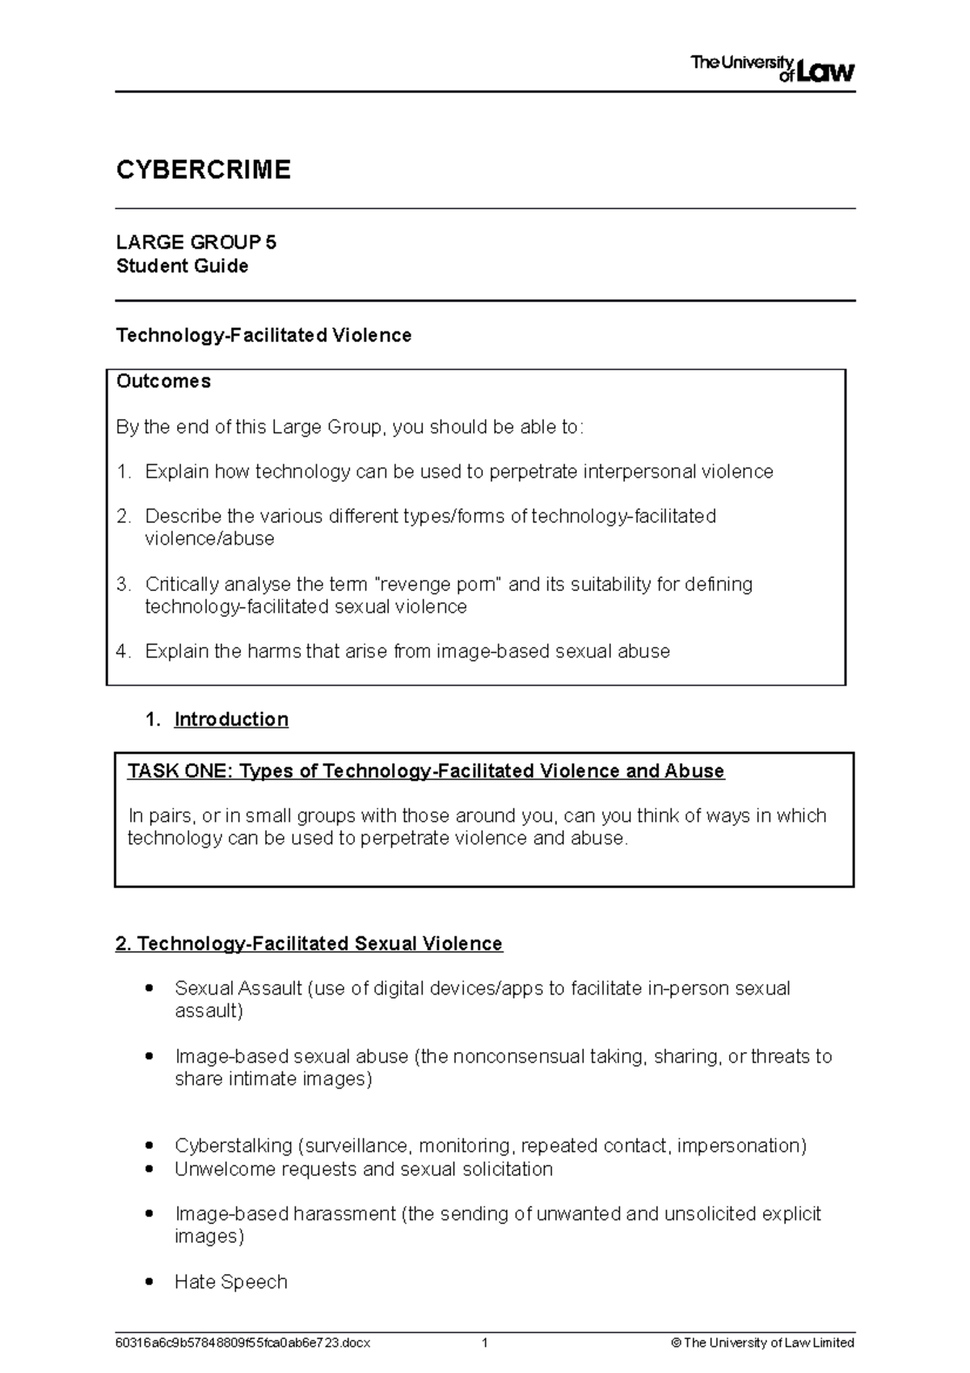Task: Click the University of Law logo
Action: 772,69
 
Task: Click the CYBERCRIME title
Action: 203,170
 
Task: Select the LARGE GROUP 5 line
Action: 196,243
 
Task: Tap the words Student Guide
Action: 182,266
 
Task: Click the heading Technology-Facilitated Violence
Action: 264,335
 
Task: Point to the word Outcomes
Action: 163,381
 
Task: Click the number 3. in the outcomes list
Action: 123,584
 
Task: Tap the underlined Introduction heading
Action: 231,719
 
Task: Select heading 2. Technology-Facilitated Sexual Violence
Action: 309,944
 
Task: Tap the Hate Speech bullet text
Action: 230,1282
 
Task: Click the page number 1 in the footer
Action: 484,1343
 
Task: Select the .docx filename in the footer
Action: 242,1343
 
